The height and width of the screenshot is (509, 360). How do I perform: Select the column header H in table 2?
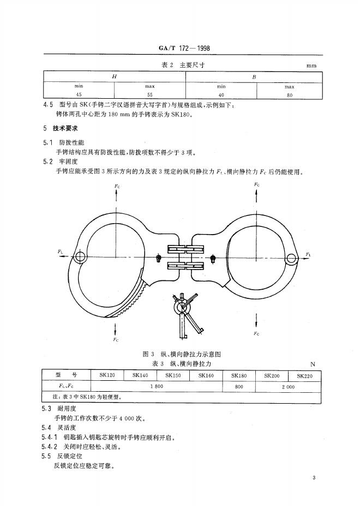(x=114, y=77)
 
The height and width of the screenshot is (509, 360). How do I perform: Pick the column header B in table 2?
(x=254, y=77)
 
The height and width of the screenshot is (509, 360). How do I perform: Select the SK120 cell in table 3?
(x=108, y=376)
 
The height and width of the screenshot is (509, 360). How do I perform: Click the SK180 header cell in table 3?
(x=239, y=376)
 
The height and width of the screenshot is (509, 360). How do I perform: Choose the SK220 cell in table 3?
(x=305, y=376)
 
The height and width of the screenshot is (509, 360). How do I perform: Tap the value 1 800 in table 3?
(x=157, y=386)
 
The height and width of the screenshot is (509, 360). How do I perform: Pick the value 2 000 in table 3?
(x=288, y=386)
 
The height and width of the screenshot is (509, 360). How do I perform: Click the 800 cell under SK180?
(x=239, y=386)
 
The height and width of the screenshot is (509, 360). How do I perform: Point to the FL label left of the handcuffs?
(x=61, y=251)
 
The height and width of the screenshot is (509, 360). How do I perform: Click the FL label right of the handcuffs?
(x=308, y=254)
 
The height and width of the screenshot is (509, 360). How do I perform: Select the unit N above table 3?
(x=313, y=364)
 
